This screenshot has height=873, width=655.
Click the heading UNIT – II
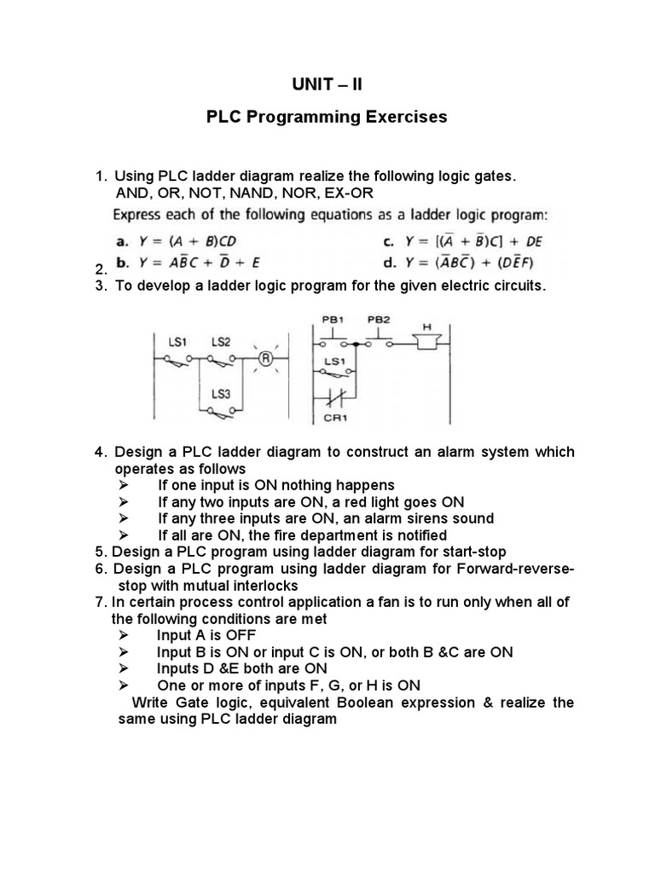(327, 84)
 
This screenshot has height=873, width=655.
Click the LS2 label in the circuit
(220, 342)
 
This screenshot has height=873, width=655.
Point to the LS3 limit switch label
(221, 394)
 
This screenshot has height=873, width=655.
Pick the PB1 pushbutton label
(332, 319)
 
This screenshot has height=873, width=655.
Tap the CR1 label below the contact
(333, 419)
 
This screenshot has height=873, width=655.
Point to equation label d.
(395, 263)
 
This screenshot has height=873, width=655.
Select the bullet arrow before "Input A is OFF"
(124, 636)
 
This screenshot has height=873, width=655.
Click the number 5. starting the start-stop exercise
(101, 552)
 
